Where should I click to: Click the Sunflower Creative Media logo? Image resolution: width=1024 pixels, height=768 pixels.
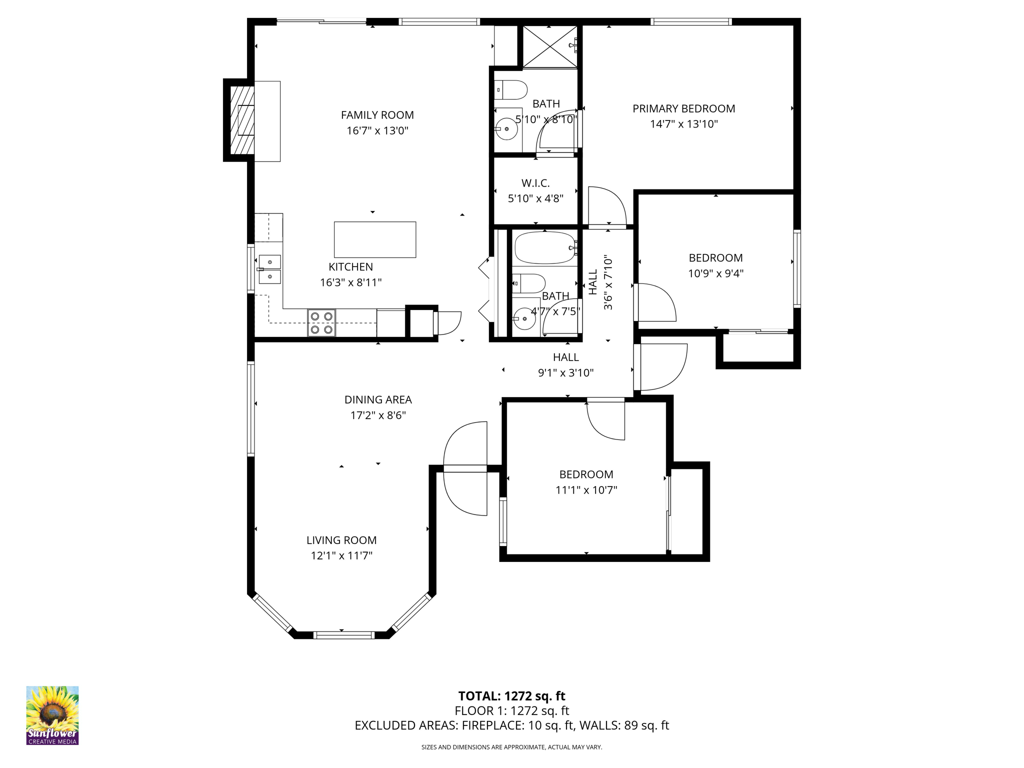click(x=52, y=715)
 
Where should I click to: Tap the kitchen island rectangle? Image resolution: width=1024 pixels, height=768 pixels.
click(x=374, y=239)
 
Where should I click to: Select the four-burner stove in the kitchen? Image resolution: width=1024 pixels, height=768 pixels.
click(x=321, y=322)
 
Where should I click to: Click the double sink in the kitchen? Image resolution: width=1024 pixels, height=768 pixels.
click(x=269, y=269)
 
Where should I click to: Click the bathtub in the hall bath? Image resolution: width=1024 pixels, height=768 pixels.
click(x=545, y=247)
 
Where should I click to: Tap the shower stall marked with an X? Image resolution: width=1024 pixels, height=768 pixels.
click(x=549, y=47)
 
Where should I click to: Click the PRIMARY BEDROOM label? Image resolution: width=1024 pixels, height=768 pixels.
click(x=683, y=108)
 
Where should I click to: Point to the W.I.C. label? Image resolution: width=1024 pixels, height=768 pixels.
click(x=535, y=183)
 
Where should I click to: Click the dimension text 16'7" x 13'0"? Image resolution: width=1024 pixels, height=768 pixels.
click(x=377, y=131)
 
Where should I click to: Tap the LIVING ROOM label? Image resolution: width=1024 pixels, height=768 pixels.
click(x=341, y=540)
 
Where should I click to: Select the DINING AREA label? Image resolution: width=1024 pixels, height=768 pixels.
click(x=378, y=399)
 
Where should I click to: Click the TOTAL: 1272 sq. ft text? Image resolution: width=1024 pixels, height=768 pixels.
click(x=511, y=696)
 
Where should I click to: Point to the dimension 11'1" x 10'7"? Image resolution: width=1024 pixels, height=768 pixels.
click(x=586, y=490)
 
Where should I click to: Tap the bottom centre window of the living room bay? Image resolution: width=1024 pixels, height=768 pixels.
click(x=344, y=635)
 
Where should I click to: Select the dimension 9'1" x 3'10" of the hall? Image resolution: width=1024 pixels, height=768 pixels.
click(x=565, y=372)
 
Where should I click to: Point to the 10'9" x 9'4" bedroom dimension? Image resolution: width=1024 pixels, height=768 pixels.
click(x=715, y=273)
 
